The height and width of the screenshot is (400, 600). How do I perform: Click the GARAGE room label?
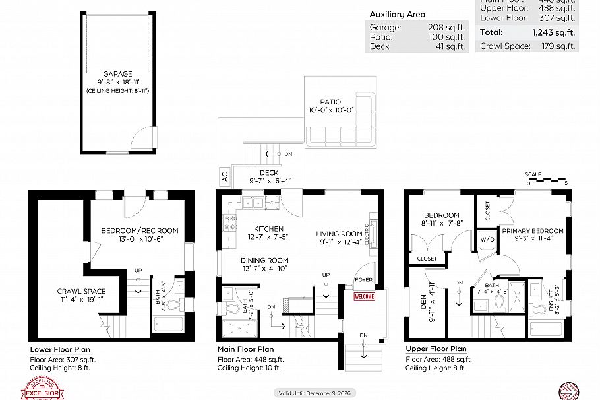(117, 74)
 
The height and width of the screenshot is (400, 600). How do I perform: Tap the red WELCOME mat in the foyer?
(365, 296)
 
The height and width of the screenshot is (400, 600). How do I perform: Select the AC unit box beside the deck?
(225, 176)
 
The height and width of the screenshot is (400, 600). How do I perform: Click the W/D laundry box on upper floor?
(487, 238)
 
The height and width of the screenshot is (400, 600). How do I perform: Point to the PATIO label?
(330, 102)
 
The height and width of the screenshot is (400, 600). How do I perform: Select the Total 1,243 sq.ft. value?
(555, 32)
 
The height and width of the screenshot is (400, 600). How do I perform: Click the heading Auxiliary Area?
(397, 14)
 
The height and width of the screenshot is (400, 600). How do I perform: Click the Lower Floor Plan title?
(60, 349)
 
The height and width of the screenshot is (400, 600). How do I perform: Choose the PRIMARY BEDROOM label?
(532, 231)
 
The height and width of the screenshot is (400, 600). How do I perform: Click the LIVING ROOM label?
(339, 234)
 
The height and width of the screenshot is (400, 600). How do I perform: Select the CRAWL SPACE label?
(81, 291)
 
